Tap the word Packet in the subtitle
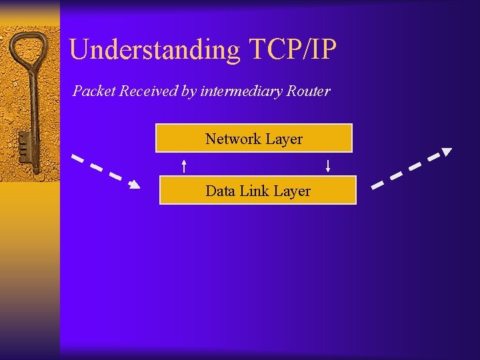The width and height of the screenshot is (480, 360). pos(93,91)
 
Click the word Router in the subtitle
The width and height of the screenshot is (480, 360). pos(308,91)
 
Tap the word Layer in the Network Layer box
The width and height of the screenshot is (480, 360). pos(284,139)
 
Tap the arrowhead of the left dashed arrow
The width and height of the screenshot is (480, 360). pos(135,185)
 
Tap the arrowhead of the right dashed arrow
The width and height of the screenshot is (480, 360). pos(447,152)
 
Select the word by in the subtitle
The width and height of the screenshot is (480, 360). pos(189,91)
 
